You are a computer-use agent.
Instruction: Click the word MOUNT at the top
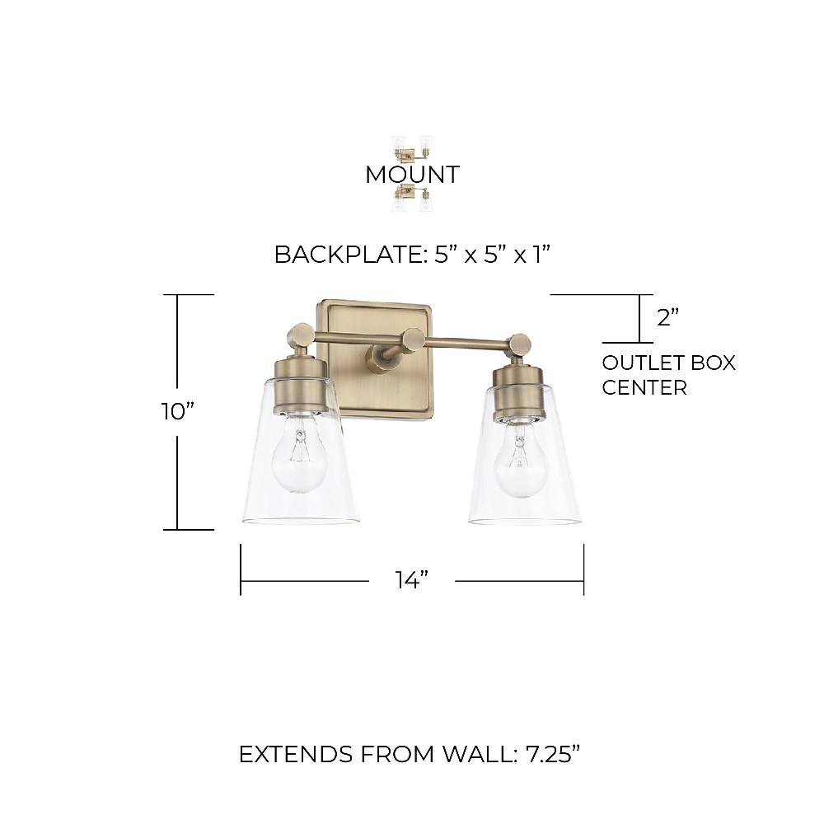413,175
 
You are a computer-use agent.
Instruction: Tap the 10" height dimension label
178,411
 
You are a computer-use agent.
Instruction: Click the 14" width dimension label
412,580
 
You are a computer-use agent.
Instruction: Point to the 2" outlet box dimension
668,317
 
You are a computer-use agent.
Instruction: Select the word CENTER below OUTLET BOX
644,388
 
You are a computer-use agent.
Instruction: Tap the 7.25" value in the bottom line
553,754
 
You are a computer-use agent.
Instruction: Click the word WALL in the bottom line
476,754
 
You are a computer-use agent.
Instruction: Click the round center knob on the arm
413,339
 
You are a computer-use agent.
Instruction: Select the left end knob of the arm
300,334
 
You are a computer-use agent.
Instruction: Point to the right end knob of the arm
522,344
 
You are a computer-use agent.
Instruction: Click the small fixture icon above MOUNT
413,152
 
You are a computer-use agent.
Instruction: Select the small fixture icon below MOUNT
413,198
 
